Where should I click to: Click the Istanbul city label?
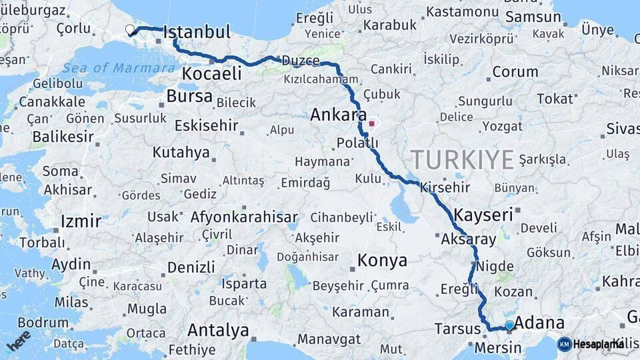coord(197,32)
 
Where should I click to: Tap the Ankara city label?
coord(339,115)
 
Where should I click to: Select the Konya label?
coord(382,261)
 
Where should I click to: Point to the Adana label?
coord(540,323)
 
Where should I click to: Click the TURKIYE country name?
coord(462,160)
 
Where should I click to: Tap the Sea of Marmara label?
coord(119,68)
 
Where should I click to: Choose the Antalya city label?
coord(218,330)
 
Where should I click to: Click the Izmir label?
coord(81,221)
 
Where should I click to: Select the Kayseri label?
coord(483,215)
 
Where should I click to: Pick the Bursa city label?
coord(189,96)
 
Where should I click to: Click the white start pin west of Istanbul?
coord(131,29)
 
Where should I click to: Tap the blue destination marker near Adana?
coord(510,325)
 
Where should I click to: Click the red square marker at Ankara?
coord(371,123)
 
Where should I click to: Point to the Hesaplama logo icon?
coord(564,344)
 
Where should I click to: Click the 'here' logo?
coord(18,341)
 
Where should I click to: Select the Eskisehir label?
coord(206,125)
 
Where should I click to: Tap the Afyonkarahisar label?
coord(244,217)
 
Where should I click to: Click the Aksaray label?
coord(469,239)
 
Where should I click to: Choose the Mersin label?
coord(498,348)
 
